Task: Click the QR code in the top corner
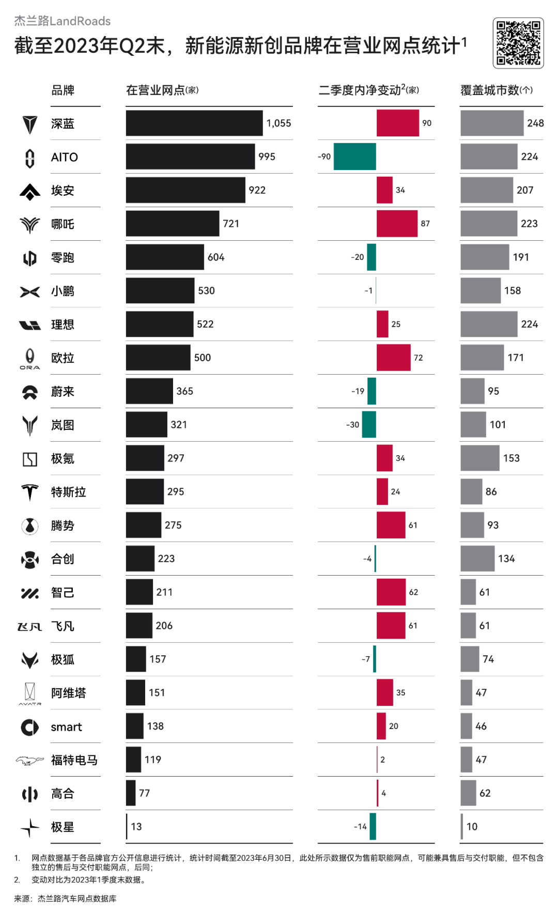pos(518,43)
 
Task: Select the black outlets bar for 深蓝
pos(194,123)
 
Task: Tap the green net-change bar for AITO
pos(354,157)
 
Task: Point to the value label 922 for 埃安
pos(257,190)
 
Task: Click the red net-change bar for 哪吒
pos(397,224)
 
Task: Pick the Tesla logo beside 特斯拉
pos(29,492)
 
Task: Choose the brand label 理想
pos(63,324)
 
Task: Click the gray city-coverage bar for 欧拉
pos(482,358)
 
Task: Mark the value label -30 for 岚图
pos(352,425)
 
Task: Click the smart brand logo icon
pos(29,727)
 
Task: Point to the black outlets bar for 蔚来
pos(149,391)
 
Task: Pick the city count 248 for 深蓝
pos(535,123)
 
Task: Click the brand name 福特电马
pos(74,760)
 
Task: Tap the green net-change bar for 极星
pos(373,827)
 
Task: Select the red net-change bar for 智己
pos(391,592)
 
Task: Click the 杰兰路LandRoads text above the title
pos(62,21)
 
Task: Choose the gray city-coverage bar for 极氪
pos(479,458)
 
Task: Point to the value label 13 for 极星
pos(136,827)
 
